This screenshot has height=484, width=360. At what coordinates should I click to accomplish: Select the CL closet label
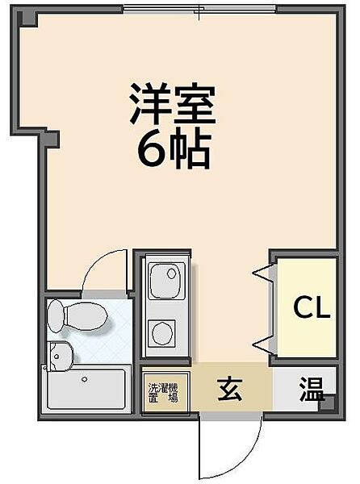[311, 307]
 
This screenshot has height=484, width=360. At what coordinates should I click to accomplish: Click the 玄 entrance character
[229, 391]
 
